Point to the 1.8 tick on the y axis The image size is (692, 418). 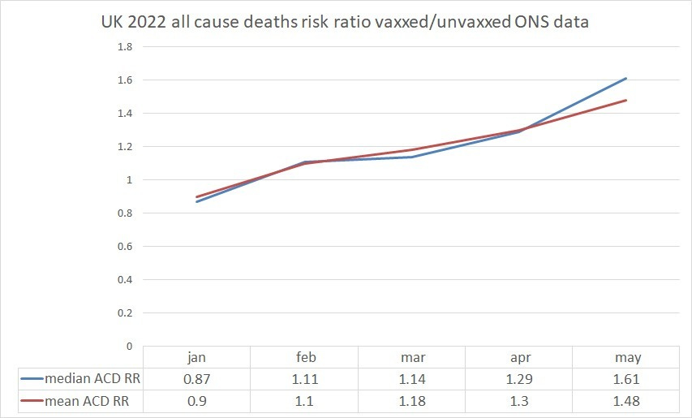(126, 47)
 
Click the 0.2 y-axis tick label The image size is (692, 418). (126, 312)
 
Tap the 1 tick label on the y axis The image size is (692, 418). (128, 180)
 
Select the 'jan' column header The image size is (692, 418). (196, 358)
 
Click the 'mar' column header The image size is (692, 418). (410, 358)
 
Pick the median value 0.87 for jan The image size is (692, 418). (196, 379)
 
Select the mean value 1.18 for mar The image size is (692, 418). (410, 400)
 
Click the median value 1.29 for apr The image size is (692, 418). (518, 379)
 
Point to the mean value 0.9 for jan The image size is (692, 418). (196, 400)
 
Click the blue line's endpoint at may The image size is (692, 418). (625, 79)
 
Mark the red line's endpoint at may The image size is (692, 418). (625, 101)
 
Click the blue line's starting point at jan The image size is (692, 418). (196, 201)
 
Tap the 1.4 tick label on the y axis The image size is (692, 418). (126, 114)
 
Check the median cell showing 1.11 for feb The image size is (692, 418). (303, 379)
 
